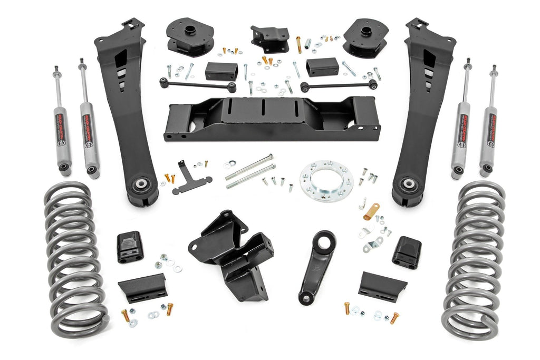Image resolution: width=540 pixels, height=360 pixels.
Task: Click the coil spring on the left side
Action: (74, 258)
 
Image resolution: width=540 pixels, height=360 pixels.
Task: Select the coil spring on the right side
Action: (474, 258)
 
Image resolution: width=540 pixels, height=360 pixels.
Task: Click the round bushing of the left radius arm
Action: (141, 187)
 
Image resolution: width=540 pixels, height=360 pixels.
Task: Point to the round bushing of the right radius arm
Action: (408, 186)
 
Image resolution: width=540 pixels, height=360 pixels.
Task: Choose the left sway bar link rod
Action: (198, 84)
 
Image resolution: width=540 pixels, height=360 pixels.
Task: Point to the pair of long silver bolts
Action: (250, 171)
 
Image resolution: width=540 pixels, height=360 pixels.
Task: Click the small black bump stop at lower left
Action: (130, 246)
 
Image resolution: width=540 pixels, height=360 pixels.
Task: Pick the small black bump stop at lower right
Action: (407, 251)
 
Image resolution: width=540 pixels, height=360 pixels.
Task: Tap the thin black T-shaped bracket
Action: (190, 179)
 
